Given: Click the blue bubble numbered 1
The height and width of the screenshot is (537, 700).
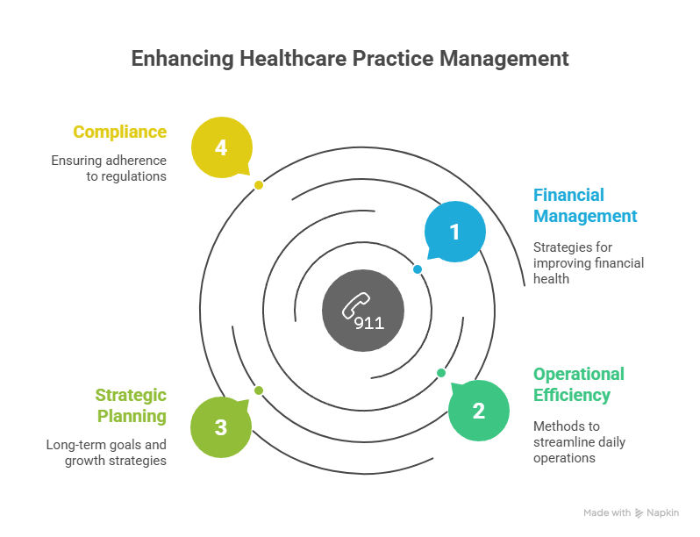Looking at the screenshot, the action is point(454,232).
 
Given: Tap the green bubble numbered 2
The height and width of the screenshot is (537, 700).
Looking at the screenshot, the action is point(478,410).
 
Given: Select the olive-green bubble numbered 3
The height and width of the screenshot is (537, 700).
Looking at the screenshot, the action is point(220,427).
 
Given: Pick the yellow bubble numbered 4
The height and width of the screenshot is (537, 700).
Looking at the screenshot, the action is point(221,147).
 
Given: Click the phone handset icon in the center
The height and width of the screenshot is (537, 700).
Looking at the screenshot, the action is point(355,305).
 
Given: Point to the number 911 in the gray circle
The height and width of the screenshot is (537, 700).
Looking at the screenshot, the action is point(369,323).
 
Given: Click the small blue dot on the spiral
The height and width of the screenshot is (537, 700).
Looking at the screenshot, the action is point(418,269).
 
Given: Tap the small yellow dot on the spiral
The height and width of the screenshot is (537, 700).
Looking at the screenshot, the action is point(259,185).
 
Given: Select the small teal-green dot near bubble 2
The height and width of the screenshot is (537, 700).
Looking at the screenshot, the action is point(441,373).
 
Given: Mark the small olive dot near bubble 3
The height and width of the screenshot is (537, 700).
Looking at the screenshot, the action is point(259,390).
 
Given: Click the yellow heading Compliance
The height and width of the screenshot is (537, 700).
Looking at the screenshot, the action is point(119,132).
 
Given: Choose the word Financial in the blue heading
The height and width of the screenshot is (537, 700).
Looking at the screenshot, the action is point(569,195).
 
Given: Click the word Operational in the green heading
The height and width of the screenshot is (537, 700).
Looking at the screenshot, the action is point(579,374).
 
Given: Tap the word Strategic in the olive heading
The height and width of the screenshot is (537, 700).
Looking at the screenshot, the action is point(132,395).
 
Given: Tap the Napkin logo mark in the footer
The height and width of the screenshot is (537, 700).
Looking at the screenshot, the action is point(640,512).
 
